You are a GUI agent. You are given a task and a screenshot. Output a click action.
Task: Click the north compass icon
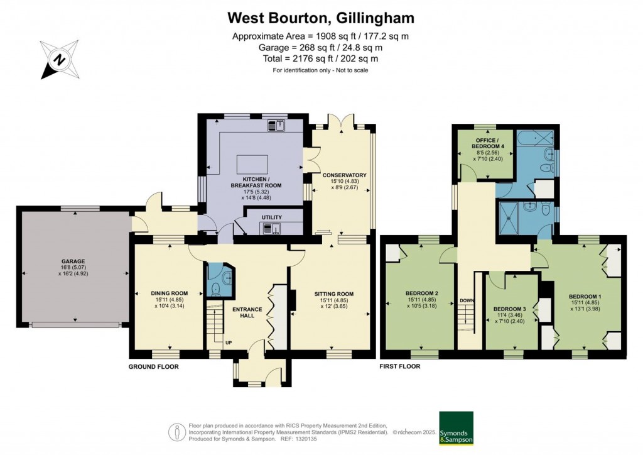[x=60, y=60]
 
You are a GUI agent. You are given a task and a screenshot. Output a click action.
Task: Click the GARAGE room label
[x=73, y=261]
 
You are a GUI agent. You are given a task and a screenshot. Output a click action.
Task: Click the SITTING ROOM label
[x=334, y=293]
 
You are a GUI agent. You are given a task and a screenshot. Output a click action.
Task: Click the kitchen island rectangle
[x=252, y=165]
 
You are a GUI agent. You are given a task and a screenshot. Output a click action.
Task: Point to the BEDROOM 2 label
[x=422, y=293]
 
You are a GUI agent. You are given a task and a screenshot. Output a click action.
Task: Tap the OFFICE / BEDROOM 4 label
[x=485, y=143]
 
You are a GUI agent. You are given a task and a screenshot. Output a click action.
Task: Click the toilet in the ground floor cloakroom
[x=215, y=289]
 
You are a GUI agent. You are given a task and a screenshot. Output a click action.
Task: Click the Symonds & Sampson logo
[x=457, y=427]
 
